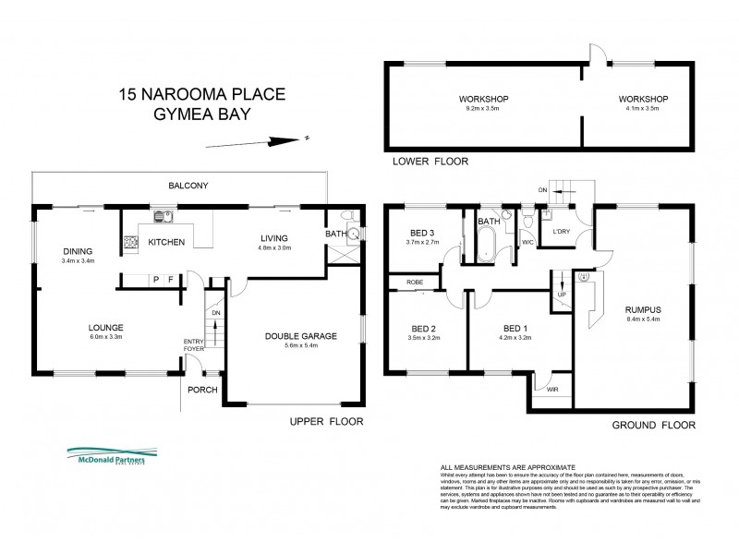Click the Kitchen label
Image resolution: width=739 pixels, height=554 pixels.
[166, 243]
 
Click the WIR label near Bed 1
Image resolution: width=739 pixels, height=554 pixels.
[552, 389]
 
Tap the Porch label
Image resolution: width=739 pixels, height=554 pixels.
[202, 390]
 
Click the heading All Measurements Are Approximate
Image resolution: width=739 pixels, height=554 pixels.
[507, 468]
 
